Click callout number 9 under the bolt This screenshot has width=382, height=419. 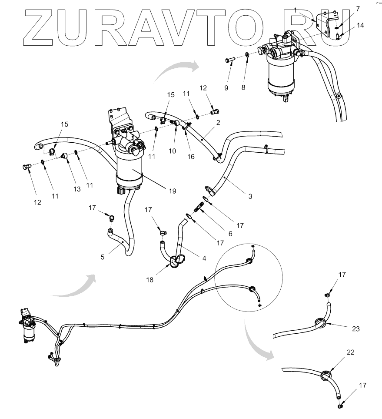coord(226,87)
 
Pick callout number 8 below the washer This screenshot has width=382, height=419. coord(243,87)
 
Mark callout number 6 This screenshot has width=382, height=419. coord(231,233)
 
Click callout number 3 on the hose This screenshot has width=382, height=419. coord(250,196)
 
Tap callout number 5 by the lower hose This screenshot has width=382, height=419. coord(102,257)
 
